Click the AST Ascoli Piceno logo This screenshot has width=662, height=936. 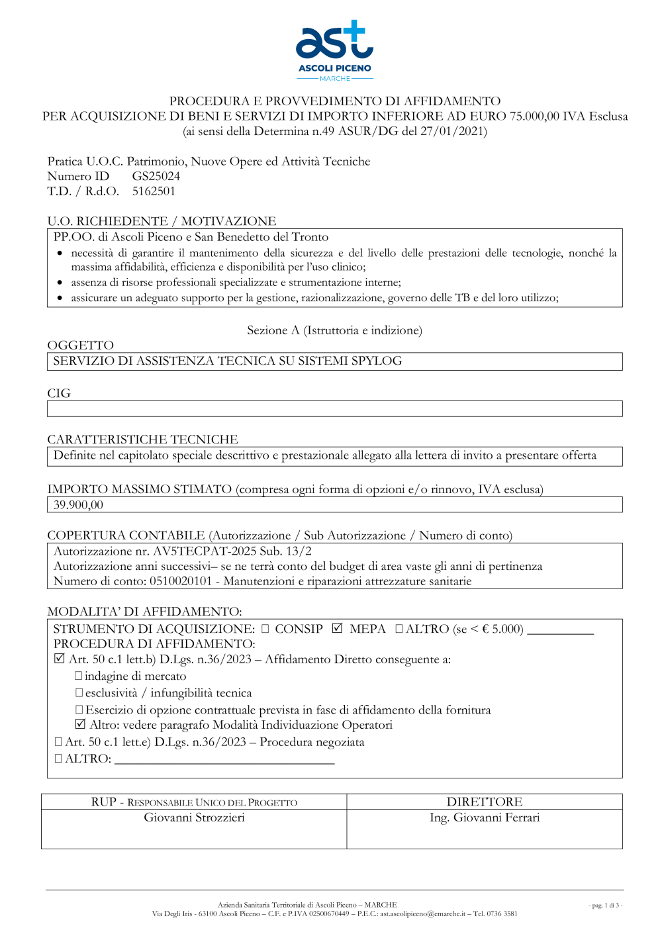point(334,50)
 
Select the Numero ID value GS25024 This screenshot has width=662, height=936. point(156,176)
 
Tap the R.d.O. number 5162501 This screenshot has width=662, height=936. point(154,191)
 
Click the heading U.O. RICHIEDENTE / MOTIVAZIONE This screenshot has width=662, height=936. point(162,221)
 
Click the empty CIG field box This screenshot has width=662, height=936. point(334,408)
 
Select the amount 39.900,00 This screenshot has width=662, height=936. point(78,505)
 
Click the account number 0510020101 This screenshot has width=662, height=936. point(181,581)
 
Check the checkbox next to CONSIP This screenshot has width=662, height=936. point(265,629)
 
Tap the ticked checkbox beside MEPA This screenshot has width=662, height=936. point(337,628)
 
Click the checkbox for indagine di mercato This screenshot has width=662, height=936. point(79,676)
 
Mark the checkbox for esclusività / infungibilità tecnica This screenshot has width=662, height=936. point(79,692)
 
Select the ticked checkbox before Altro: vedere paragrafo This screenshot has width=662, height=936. point(80,724)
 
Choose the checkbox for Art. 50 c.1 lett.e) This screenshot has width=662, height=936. point(58,742)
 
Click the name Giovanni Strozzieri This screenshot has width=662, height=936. point(194,818)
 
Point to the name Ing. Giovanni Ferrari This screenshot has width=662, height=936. point(484,818)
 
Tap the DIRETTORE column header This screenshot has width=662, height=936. point(484,802)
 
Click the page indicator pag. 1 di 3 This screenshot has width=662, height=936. point(605,905)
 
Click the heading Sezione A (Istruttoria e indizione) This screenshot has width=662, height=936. point(334,330)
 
